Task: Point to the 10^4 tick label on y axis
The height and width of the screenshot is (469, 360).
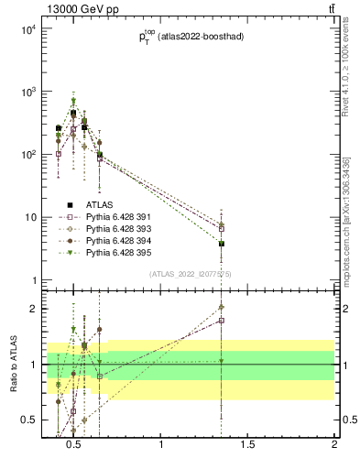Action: click(x=28, y=29)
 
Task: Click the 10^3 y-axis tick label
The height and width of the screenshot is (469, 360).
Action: click(x=28, y=92)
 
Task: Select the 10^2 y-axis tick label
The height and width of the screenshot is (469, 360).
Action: click(x=28, y=154)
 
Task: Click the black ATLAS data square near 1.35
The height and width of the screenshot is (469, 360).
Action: click(x=222, y=244)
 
